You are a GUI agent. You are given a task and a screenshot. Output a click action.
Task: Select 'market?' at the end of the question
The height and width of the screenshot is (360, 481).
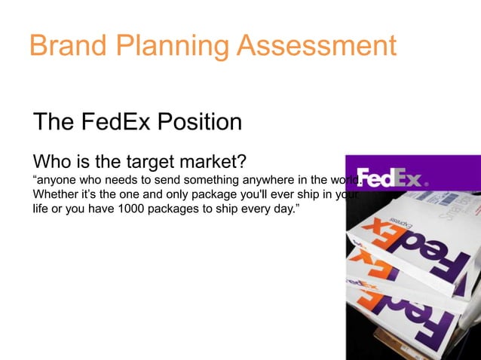pos(216,162)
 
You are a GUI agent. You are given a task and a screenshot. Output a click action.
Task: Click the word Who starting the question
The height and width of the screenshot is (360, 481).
pos(54,162)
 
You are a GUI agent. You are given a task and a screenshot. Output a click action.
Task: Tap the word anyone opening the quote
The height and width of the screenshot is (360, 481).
pos(57,181)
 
